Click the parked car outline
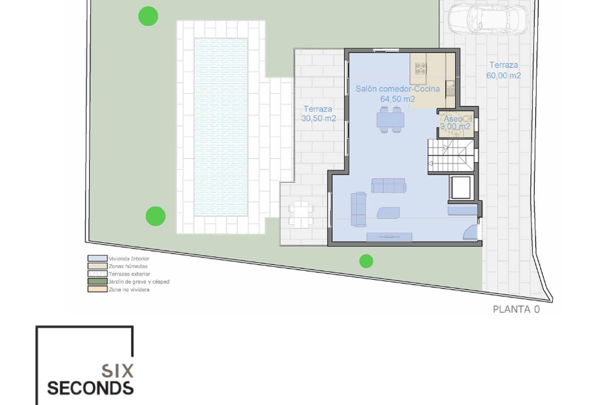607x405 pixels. click(x=488, y=20)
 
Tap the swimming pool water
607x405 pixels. click(x=221, y=127)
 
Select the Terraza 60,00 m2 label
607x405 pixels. click(x=503, y=70)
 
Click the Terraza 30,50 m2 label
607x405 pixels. click(x=318, y=114)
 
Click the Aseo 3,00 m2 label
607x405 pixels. click(x=455, y=123)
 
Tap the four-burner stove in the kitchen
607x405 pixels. click(x=421, y=68)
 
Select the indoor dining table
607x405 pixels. click(x=390, y=119)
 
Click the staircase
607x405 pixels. click(x=451, y=155)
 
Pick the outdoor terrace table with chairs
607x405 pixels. click(x=301, y=214)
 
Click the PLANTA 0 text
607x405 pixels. click(x=516, y=309)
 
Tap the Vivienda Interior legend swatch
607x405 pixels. click(x=97, y=258)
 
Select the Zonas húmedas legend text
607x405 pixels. click(x=128, y=266)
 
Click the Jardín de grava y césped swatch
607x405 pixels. click(x=97, y=281)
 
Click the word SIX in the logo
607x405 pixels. click(x=117, y=371)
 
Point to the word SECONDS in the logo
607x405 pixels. click(x=91, y=388)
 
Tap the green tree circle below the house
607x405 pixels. click(x=366, y=261)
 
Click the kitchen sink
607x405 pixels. click(x=450, y=88)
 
